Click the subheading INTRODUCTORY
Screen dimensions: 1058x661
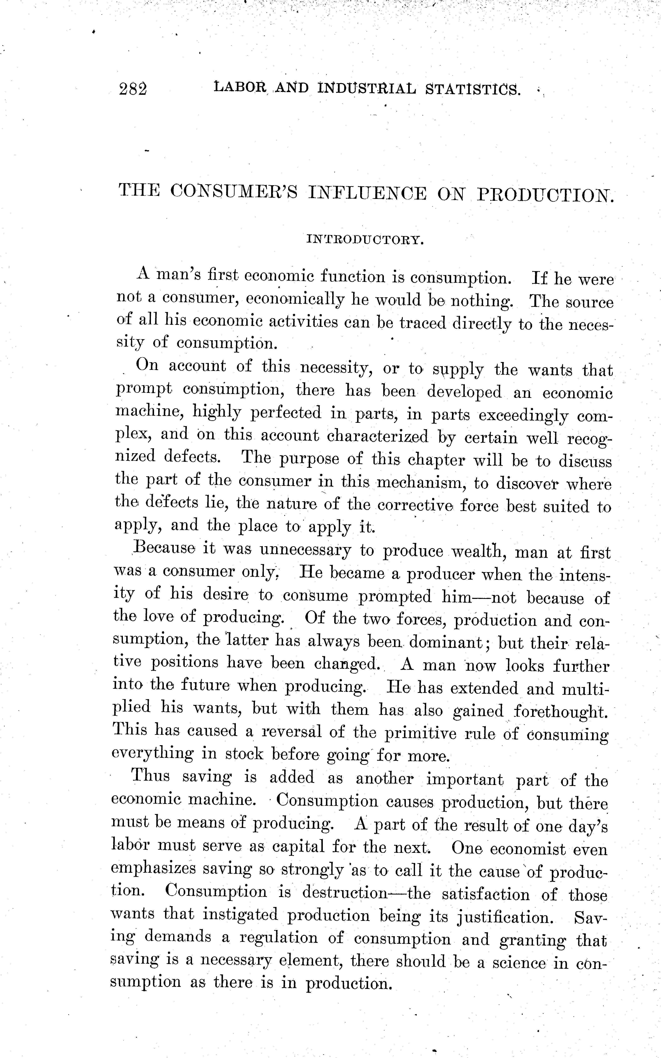click(365, 240)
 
